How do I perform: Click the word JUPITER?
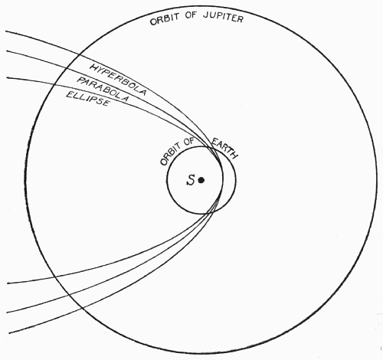pyautogui.click(x=223, y=17)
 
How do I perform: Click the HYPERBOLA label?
pyautogui.click(x=118, y=80)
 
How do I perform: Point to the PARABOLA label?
pyautogui.click(x=103, y=90)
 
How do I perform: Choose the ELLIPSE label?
pyautogui.click(x=88, y=99)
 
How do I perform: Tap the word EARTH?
pyautogui.click(x=224, y=148)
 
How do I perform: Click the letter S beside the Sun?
pyautogui.click(x=191, y=180)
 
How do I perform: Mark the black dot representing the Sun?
pyautogui.click(x=201, y=180)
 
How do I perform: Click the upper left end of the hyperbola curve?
pyautogui.click(x=5, y=31)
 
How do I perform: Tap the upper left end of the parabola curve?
pyautogui.click(x=6, y=51)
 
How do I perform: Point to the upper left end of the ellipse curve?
pyautogui.click(x=7, y=77)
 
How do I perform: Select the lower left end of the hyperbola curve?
pyautogui.click(x=9, y=333)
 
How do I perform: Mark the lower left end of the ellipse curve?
pyautogui.click(x=8, y=283)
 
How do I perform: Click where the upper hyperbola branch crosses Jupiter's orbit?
pyautogui.click(x=80, y=54)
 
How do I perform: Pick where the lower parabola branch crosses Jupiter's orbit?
pyautogui.click(x=68, y=295)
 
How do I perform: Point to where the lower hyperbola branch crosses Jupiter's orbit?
pyautogui.click(x=81, y=308)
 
